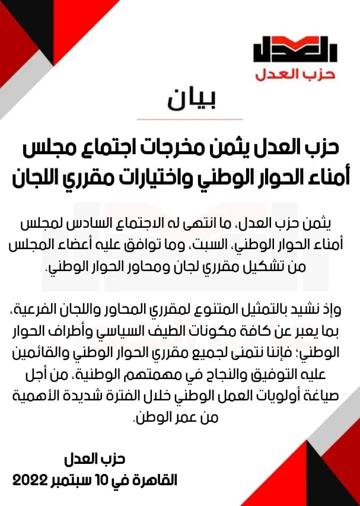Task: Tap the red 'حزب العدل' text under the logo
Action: [295, 75]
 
